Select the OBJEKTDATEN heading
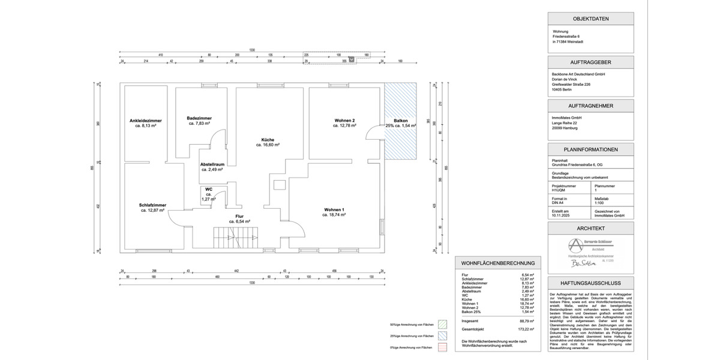[x=590, y=19]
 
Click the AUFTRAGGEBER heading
[x=590, y=62]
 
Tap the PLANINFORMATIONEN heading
[x=590, y=149]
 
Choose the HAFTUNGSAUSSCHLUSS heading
[x=590, y=283]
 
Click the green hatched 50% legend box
[x=443, y=325]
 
